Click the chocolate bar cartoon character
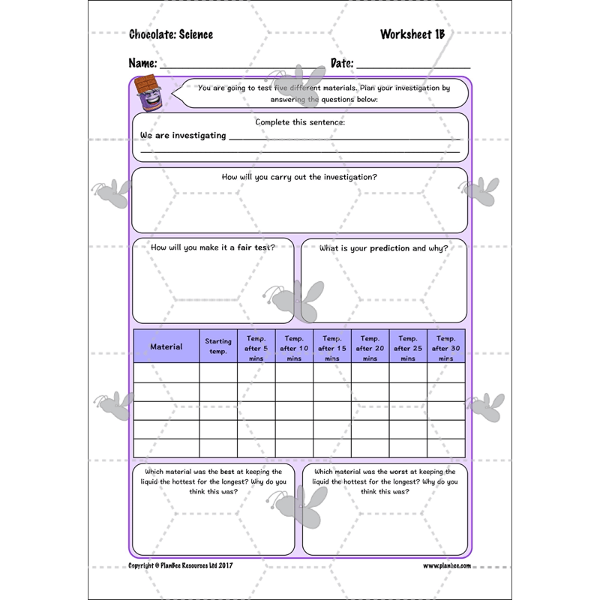coord(149,94)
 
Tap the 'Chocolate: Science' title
coord(171,34)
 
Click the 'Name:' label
coord(142,63)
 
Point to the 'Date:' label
coord(343,63)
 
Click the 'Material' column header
coord(166,346)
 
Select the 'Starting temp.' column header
coord(218,346)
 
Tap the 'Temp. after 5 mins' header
coord(256,347)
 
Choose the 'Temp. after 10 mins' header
coord(294,347)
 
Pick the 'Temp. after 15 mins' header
coord(332,347)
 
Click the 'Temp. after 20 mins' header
coord(370,347)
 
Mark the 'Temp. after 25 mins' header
coord(408,347)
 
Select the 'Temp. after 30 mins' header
coord(445,347)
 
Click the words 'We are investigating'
coord(183,135)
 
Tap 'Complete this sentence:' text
coord(299,121)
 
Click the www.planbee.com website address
coord(447,565)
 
